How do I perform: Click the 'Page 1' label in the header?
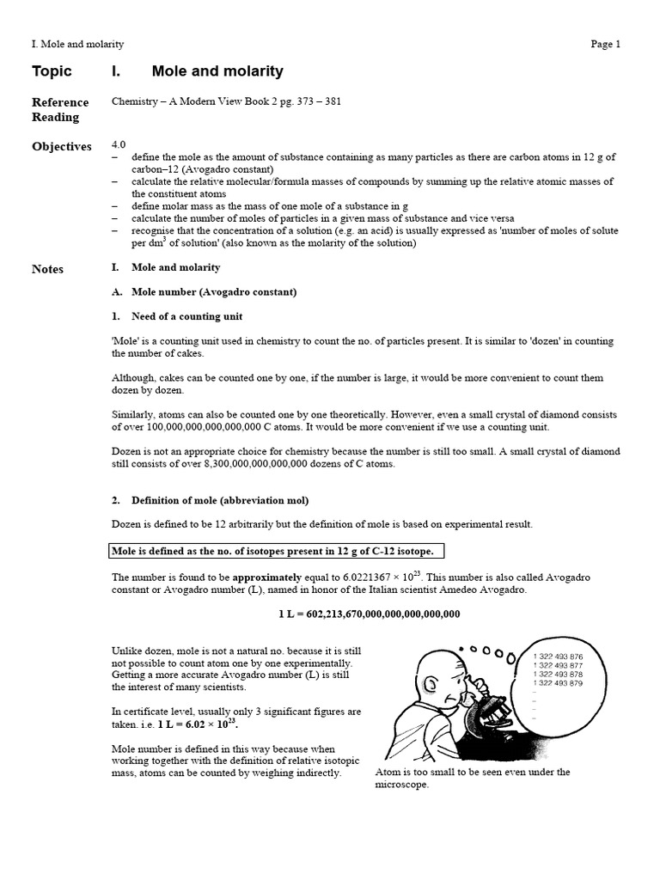(605, 45)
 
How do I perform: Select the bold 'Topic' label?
(52, 71)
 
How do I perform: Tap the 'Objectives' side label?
(61, 146)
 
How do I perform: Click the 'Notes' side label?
(47, 269)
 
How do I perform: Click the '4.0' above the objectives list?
(119, 145)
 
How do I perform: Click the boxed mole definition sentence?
(277, 550)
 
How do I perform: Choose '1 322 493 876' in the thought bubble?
(558, 656)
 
